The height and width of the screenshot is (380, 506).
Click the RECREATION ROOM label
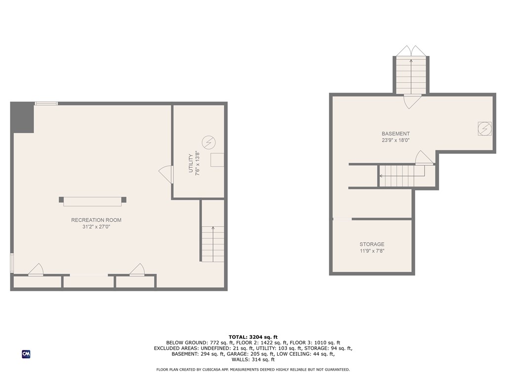96,220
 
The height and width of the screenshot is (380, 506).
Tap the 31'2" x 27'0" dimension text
96,228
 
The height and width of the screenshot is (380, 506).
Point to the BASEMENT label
395,134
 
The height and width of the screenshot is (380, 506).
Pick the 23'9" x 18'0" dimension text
395,141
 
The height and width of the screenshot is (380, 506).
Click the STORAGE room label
372,244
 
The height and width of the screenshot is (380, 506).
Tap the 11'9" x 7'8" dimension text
372,251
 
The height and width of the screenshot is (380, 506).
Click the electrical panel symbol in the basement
484,129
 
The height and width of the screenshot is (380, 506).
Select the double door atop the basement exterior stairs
411,51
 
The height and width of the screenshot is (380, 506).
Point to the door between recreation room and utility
166,174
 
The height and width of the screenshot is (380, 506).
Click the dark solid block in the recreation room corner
22,117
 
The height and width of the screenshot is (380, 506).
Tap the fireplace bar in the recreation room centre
92,200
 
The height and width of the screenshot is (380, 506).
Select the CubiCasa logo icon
26,354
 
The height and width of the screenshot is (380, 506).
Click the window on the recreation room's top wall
46,103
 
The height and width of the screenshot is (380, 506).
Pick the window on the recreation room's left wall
12,263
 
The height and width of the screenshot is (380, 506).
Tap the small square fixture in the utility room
217,160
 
